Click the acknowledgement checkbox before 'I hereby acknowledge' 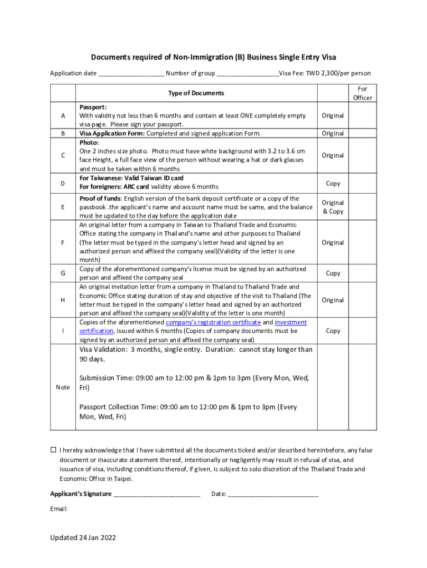click(54, 450)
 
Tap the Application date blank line click(131, 74)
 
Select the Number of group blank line click(248, 74)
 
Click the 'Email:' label click(59, 509)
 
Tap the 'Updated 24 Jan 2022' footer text click(83, 538)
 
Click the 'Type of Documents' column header click(196, 93)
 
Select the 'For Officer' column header click(362, 93)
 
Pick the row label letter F click(63, 242)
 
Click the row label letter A click(63, 116)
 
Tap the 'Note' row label click(63, 387)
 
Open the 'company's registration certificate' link click(213, 322)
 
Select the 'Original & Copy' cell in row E click(333, 207)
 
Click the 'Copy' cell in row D click(333, 183)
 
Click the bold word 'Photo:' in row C click(89, 142)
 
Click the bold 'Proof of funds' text click(100, 199)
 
